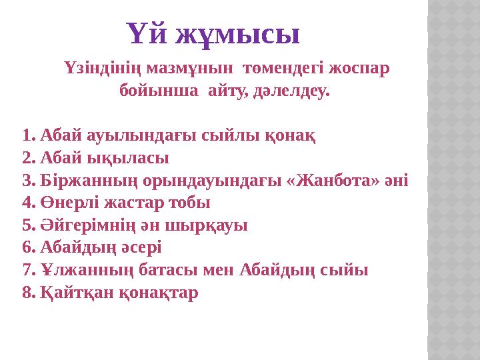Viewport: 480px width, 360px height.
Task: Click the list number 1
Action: [27, 136]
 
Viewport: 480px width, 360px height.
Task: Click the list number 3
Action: [27, 181]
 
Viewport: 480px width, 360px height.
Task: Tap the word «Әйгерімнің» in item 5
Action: [87, 225]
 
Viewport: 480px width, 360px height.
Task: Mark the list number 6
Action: [27, 248]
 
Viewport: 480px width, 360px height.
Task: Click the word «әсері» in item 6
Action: [141, 248]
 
